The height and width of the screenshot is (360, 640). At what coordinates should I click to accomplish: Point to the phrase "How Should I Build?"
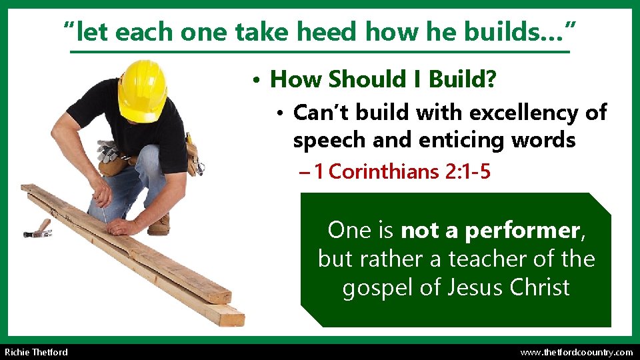[x=383, y=80]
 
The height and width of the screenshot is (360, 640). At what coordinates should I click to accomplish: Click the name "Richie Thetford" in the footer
[x=36, y=352]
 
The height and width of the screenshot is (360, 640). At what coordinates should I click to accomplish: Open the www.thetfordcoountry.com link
[x=576, y=352]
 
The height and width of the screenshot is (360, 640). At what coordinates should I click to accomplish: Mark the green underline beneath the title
[x=320, y=51]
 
